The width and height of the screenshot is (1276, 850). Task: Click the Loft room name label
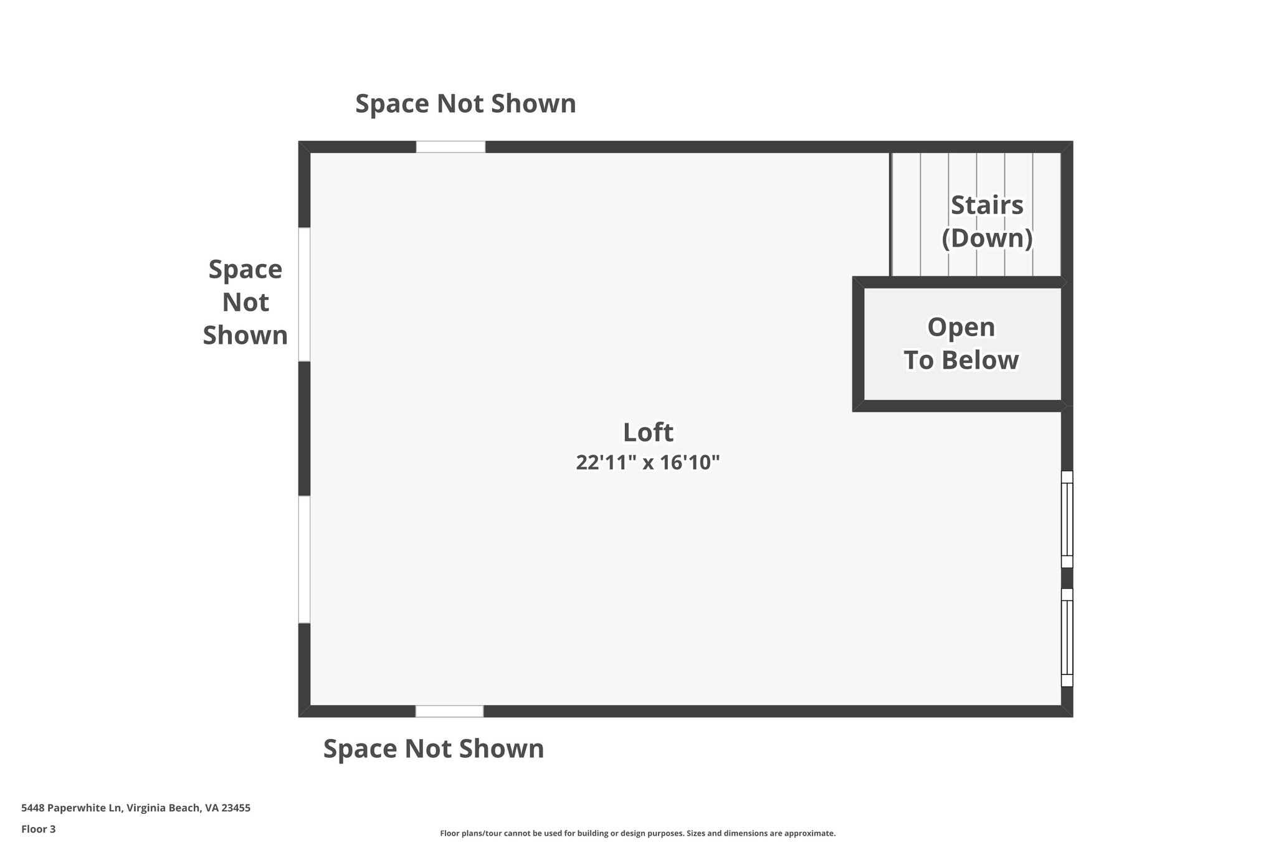click(648, 432)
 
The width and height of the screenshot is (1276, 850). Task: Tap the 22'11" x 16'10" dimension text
click(647, 463)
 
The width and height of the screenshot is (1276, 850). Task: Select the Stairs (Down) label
click(987, 222)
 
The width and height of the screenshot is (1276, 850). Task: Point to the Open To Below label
click(961, 344)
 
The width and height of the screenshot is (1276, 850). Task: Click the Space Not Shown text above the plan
click(465, 103)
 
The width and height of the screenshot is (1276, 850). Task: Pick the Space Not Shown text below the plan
click(434, 748)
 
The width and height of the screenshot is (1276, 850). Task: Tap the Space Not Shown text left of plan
click(245, 303)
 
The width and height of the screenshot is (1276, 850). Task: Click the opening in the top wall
click(450, 147)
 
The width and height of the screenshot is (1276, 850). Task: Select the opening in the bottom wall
click(449, 711)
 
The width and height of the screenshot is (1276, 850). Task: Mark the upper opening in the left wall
click(304, 295)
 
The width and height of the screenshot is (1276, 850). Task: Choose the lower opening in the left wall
click(304, 559)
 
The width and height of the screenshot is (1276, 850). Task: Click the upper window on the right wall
click(1067, 519)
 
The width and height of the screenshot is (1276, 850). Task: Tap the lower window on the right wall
click(1067, 638)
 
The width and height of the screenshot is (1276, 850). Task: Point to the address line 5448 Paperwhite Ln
click(136, 808)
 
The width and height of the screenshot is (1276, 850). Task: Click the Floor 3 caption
click(39, 829)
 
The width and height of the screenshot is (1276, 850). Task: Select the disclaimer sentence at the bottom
click(637, 833)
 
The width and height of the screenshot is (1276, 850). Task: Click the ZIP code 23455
click(237, 808)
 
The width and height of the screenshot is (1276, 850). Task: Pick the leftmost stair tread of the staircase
click(906, 214)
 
